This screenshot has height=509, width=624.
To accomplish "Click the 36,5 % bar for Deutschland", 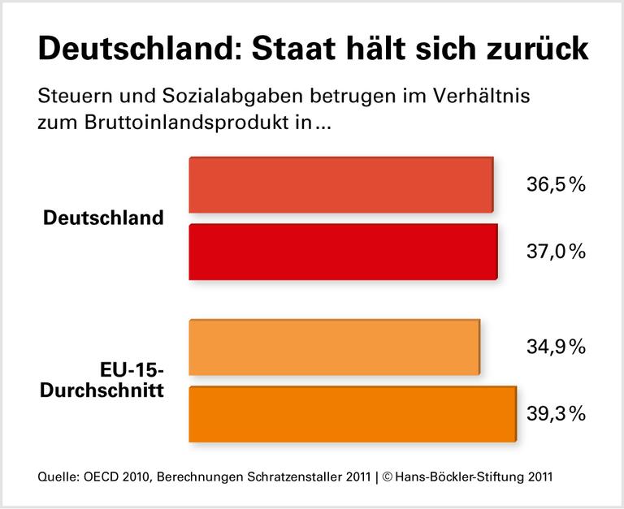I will pos(341,186).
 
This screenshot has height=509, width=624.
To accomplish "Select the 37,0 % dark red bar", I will pos(343,252).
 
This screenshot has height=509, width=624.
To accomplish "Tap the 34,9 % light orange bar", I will pos(334,347).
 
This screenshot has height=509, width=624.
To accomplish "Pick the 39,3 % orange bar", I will pos(353,414).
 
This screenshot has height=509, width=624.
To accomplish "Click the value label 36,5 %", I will pos(557,185).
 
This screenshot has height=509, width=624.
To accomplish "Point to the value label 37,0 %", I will pos(557,252).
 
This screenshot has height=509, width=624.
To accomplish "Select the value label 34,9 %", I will pos(557,347).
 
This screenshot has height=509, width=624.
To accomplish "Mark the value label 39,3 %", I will pos(557,414).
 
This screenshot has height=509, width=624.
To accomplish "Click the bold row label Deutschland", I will pos(103,218).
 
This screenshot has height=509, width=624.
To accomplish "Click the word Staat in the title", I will pos(299,49).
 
